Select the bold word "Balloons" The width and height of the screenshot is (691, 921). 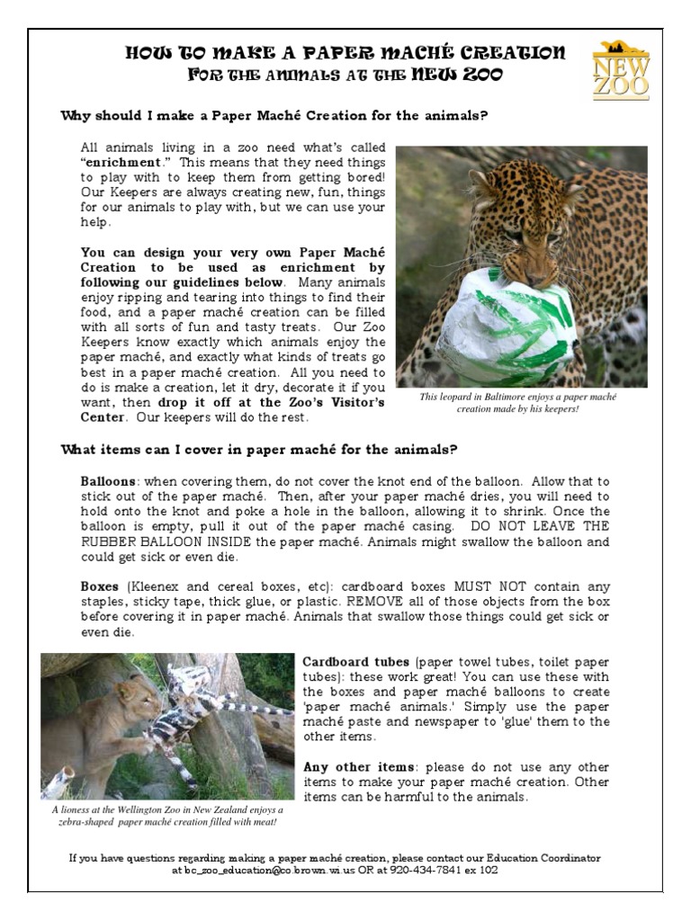(x=109, y=481)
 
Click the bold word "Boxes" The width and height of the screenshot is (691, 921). (x=100, y=586)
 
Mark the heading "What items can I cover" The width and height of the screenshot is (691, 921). (x=259, y=450)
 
